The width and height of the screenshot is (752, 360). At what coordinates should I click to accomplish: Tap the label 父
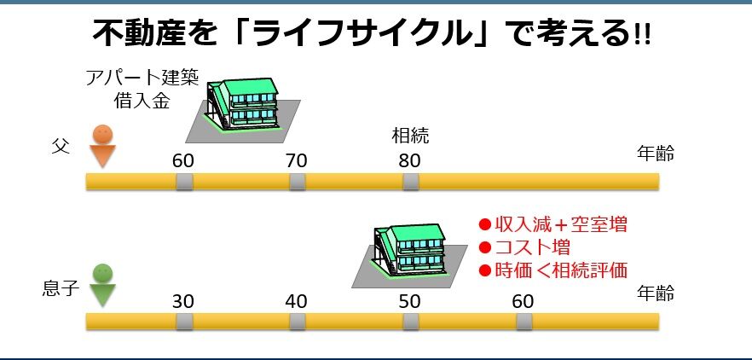tap(59, 147)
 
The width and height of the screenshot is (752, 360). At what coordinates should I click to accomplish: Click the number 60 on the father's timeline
tap(183, 160)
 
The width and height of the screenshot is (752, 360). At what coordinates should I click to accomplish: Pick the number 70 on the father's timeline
tap(297, 160)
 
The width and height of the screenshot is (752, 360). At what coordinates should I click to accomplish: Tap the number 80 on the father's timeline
tap(410, 160)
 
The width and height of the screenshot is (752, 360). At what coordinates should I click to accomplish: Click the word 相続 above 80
tap(410, 135)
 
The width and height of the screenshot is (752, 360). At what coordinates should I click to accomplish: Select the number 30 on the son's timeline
tap(183, 301)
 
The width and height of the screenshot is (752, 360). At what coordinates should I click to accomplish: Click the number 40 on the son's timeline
tap(297, 301)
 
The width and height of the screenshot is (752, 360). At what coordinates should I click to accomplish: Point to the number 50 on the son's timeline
tap(410, 301)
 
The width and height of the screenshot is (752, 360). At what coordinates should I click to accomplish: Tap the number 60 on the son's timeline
tap(524, 301)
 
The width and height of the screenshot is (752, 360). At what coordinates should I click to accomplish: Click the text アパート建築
tap(142, 79)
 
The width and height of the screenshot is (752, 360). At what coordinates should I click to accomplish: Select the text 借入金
tap(142, 101)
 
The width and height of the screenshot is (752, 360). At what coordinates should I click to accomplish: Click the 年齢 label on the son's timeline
tap(656, 293)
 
